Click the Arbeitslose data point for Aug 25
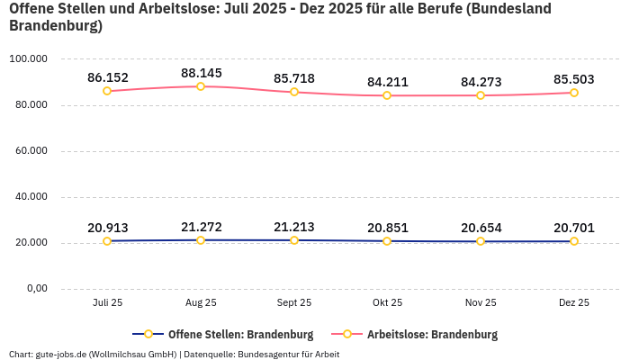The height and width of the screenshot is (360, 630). click(201, 86)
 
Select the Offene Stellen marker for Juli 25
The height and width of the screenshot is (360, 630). click(107, 241)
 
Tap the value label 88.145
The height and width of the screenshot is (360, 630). click(201, 73)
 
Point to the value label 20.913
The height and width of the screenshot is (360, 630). click(107, 228)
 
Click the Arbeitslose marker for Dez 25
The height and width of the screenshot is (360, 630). click(574, 93)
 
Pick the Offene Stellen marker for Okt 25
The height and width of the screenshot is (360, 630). click(387, 241)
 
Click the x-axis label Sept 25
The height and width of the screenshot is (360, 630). click(294, 303)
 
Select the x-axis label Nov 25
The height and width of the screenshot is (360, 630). click(481, 303)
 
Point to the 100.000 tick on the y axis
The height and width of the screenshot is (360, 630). click(28, 59)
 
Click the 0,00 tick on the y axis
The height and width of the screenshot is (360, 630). click(36, 289)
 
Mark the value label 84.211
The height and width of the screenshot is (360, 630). click(387, 82)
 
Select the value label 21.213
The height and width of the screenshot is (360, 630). click(294, 227)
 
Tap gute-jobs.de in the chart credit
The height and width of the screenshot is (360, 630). click(60, 355)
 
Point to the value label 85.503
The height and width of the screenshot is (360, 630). click(574, 79)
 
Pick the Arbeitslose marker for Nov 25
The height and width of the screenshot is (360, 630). click(481, 95)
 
